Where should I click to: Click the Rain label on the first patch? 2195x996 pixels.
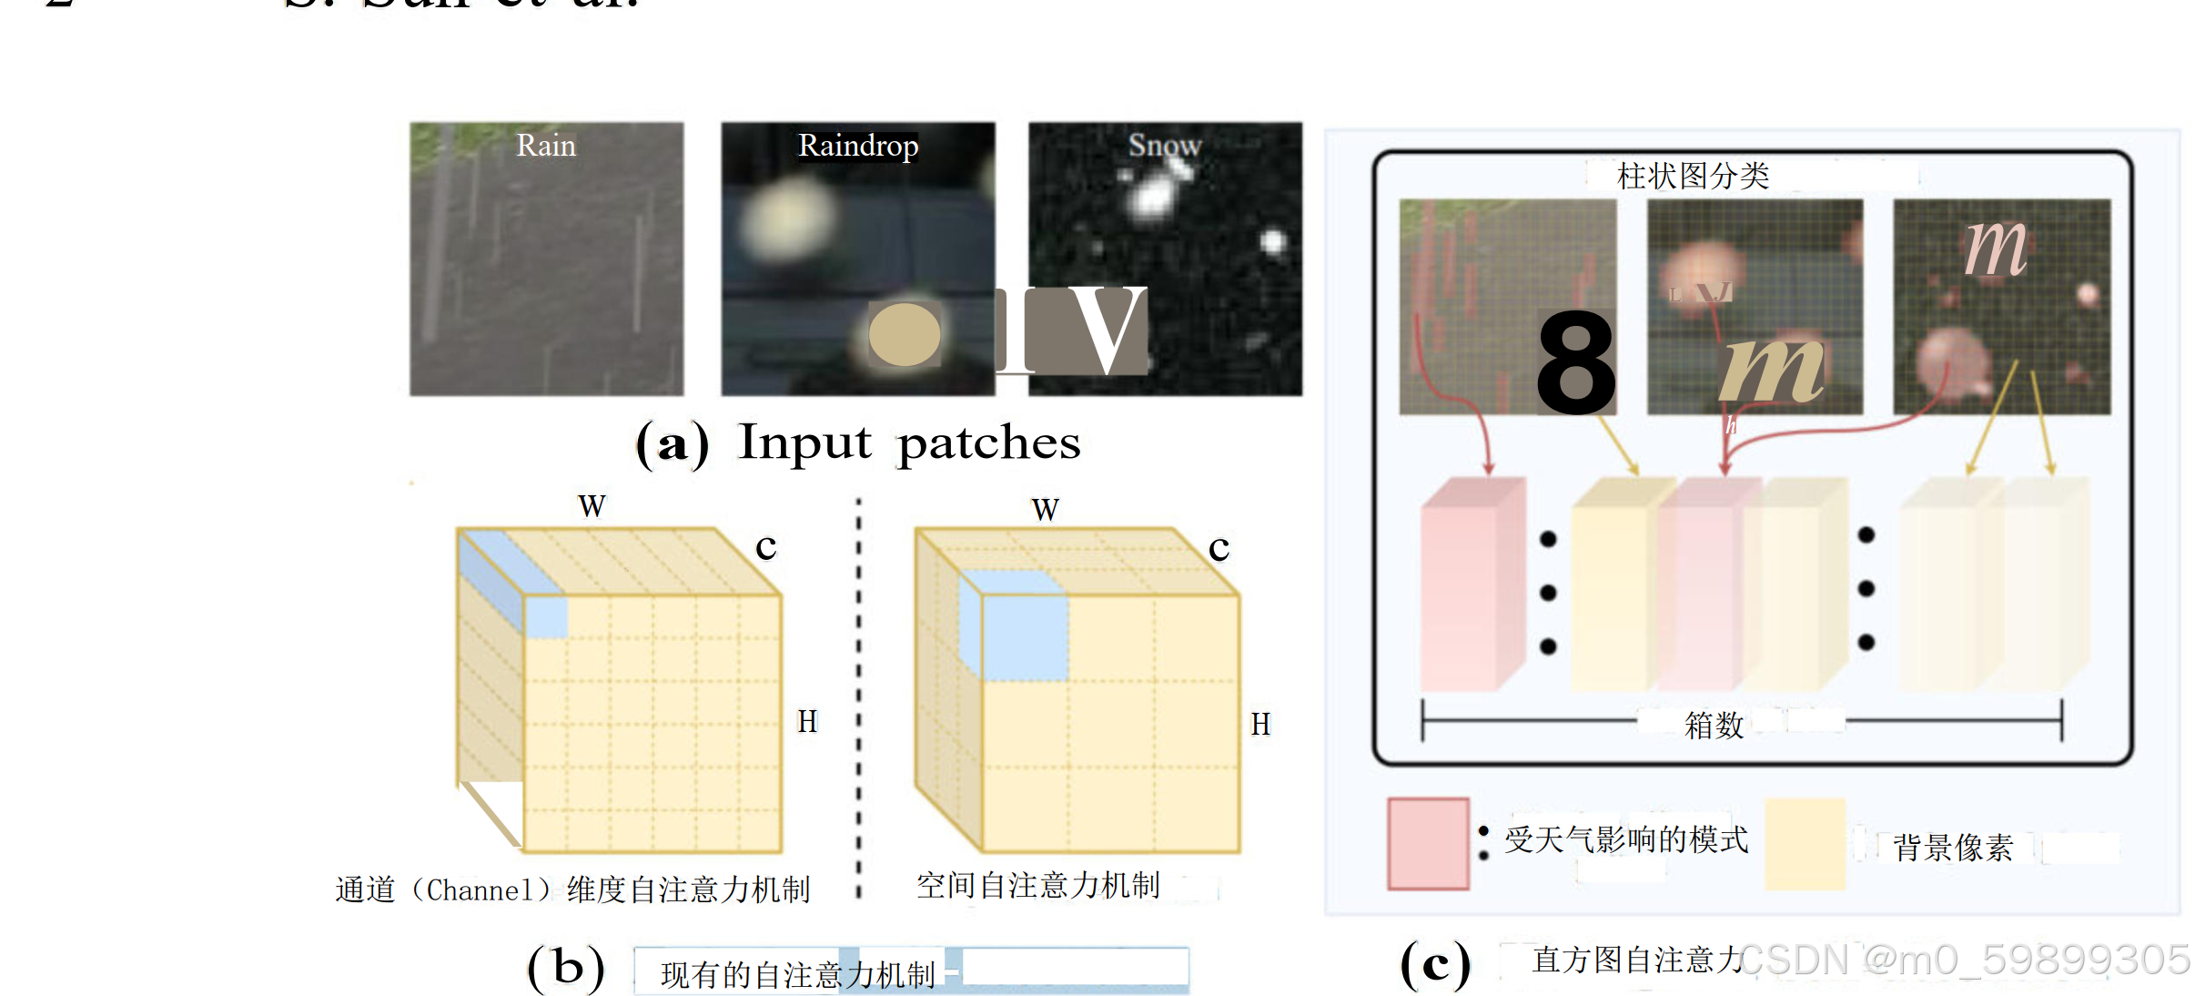click(x=546, y=146)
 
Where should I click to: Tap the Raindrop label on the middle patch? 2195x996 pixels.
click(x=858, y=146)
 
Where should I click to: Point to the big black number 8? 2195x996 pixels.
click(x=1576, y=362)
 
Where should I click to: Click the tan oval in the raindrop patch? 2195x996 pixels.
click(x=905, y=335)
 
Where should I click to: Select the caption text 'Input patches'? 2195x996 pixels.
click(x=909, y=443)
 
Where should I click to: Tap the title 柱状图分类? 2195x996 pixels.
click(x=1693, y=176)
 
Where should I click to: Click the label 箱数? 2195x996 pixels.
click(x=1715, y=726)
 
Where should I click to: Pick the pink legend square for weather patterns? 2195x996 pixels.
click(x=1428, y=843)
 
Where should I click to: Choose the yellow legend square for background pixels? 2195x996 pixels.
click(x=1805, y=843)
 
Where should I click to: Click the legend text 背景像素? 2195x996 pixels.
click(x=1953, y=848)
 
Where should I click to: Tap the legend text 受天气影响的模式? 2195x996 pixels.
click(x=1626, y=839)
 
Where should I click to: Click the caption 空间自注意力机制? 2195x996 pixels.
click(x=1038, y=885)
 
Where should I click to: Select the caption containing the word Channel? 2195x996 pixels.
click(x=573, y=889)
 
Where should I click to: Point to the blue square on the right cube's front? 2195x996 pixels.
click(x=1025, y=637)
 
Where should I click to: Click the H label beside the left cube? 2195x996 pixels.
click(x=807, y=722)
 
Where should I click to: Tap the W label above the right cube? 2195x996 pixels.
click(x=1046, y=510)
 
